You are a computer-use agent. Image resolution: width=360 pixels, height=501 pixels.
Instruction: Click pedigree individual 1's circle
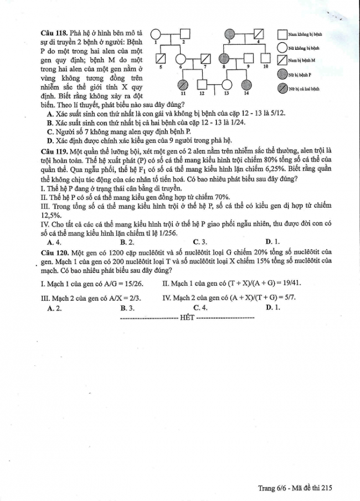click(x=156, y=34)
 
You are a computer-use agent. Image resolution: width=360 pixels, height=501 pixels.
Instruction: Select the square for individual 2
click(x=184, y=34)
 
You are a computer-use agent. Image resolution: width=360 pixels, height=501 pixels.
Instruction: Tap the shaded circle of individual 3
click(x=232, y=34)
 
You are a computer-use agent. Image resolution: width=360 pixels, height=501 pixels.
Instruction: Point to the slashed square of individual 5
click(x=161, y=59)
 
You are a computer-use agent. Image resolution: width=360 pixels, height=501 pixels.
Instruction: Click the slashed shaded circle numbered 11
click(x=183, y=84)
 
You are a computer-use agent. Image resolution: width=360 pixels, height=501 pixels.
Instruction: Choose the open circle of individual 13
click(x=227, y=84)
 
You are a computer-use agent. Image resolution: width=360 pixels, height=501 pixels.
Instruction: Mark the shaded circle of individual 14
click(x=246, y=84)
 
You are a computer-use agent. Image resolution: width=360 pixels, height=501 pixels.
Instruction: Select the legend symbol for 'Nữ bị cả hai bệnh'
click(x=282, y=87)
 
